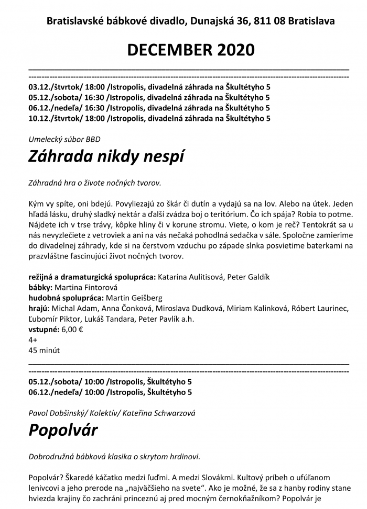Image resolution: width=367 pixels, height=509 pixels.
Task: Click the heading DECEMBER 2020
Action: point(190,50)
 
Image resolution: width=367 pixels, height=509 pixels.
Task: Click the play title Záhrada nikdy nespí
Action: point(106,155)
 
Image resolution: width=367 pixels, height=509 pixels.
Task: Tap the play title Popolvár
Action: point(63,430)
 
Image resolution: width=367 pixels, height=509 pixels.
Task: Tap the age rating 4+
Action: point(33,340)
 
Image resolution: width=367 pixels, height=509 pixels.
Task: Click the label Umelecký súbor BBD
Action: point(64,139)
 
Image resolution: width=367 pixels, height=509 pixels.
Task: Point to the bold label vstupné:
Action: point(44,330)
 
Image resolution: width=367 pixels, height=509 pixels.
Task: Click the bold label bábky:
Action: point(40,287)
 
